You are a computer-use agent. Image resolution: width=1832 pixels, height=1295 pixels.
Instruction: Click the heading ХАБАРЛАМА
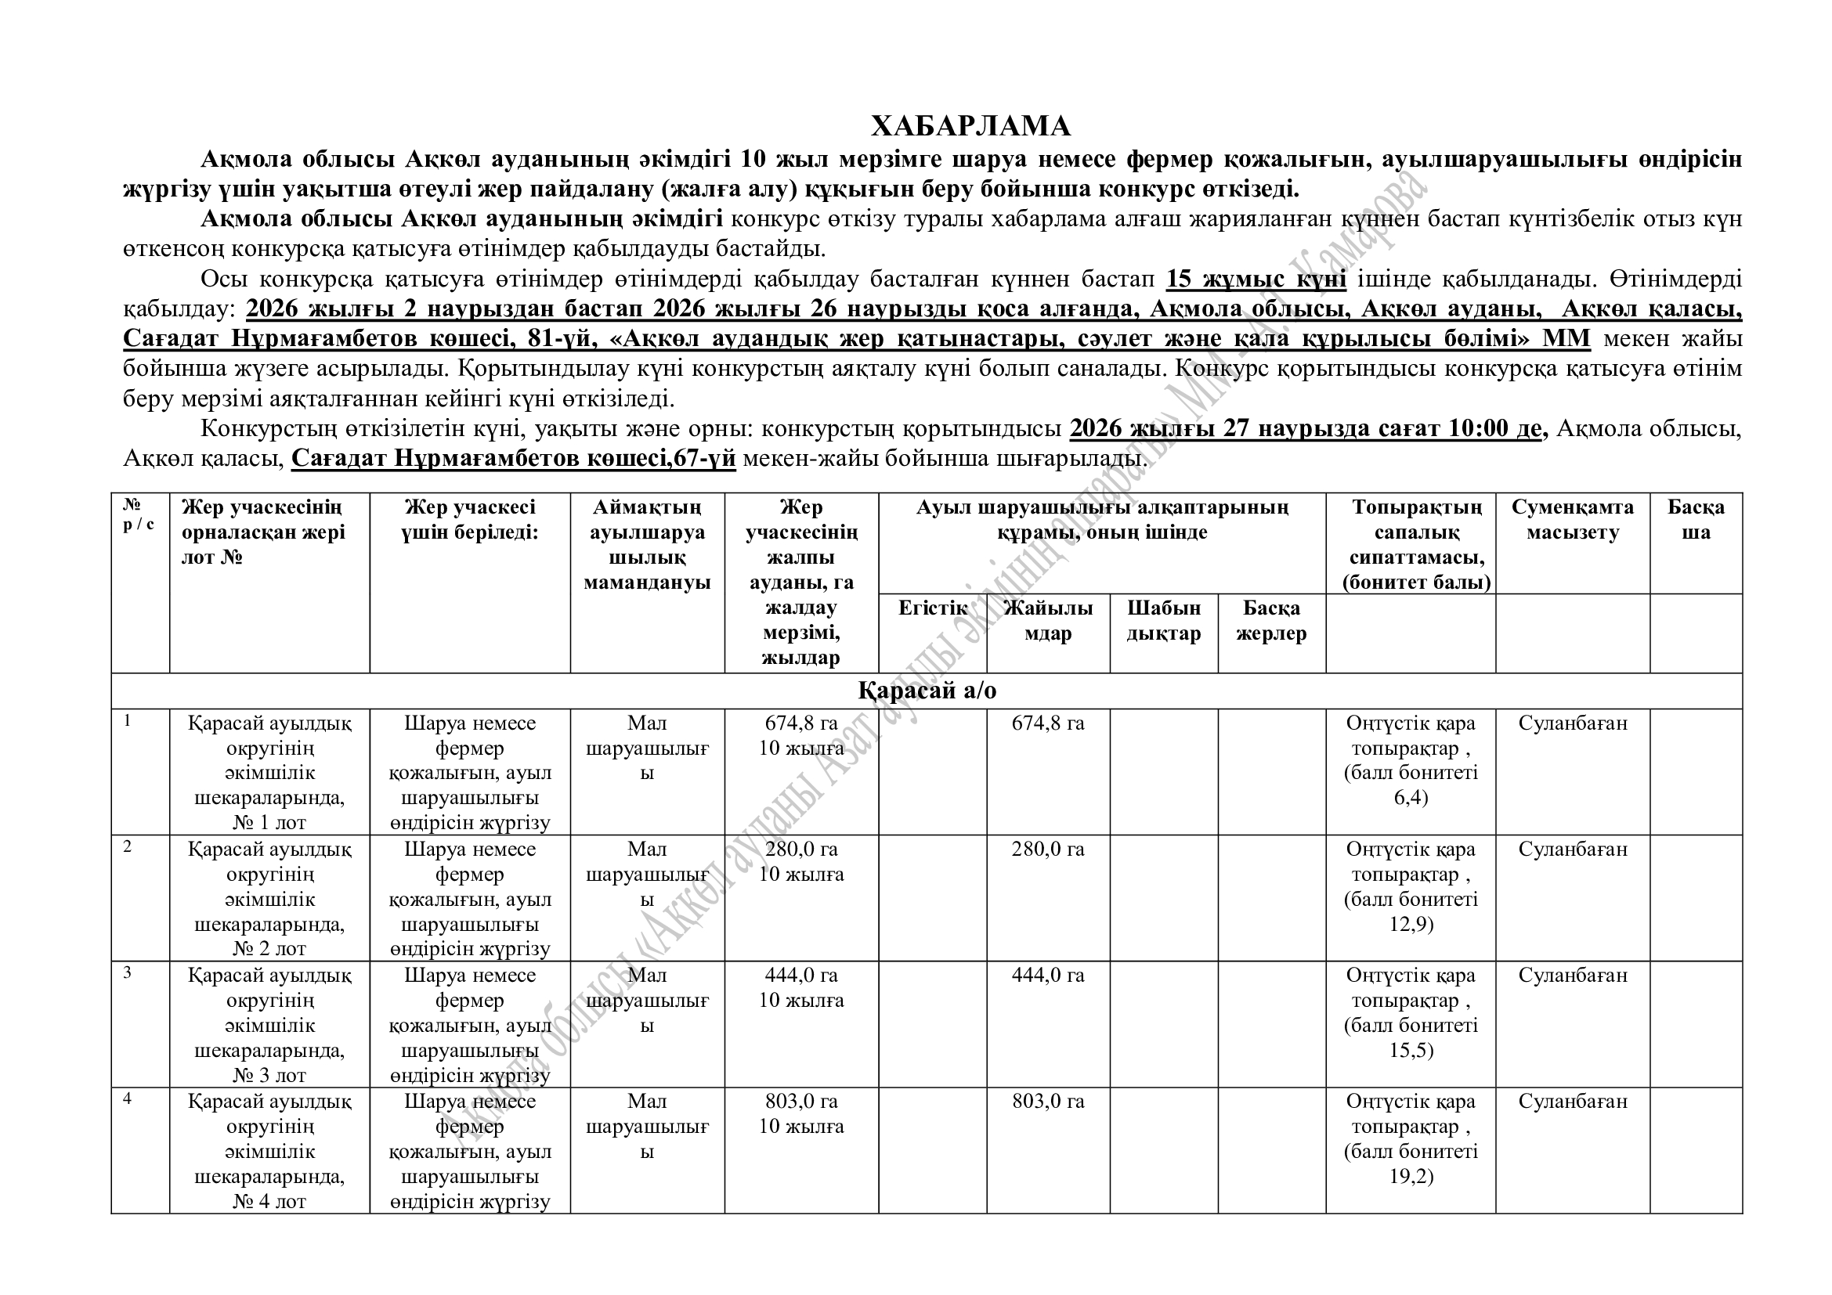970,127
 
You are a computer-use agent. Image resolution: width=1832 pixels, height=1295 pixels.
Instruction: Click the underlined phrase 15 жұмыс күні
1256,279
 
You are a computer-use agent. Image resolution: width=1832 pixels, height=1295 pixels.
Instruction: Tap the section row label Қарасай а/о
927,691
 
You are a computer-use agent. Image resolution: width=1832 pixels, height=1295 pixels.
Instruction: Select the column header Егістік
932,608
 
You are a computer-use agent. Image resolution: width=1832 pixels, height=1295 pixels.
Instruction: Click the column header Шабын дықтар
1163,621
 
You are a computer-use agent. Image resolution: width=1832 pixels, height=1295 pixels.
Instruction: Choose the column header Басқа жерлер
1271,621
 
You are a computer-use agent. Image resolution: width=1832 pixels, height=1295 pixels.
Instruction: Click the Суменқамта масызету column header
1572,520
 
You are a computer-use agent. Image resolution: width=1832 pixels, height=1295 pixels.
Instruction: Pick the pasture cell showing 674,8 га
1048,723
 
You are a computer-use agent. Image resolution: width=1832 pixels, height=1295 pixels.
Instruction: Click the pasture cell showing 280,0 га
1048,850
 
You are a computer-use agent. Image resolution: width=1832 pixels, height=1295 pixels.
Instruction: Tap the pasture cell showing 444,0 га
1048,976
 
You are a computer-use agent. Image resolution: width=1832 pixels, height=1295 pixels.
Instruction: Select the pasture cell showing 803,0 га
1048,1102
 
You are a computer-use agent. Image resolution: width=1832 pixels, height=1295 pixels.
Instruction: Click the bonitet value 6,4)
1411,797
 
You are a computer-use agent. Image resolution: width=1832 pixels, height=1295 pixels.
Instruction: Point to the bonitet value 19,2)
1411,1176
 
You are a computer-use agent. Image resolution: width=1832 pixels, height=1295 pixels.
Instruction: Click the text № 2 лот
269,949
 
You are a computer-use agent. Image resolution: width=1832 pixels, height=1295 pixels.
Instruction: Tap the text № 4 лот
269,1201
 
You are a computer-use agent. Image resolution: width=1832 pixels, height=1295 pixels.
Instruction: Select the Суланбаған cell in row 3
1572,976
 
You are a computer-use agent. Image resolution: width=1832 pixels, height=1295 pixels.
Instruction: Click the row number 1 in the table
128,721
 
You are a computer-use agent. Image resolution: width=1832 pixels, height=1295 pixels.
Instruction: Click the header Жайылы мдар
1048,621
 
